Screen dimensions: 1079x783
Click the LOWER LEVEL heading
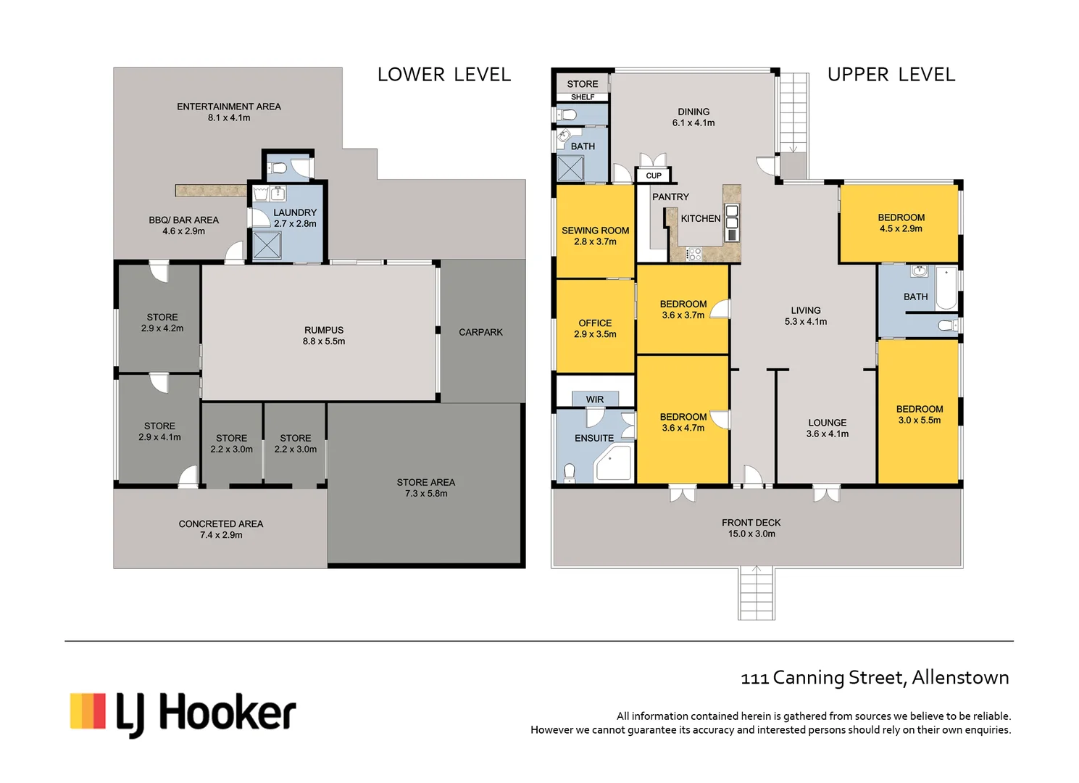pyautogui.click(x=443, y=75)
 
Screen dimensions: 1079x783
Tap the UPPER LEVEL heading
pyautogui.click(x=891, y=75)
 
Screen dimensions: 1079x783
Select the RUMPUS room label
pyautogui.click(x=324, y=330)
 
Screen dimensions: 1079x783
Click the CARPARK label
pyautogui.click(x=480, y=332)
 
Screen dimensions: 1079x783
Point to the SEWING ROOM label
pyautogui.click(x=596, y=231)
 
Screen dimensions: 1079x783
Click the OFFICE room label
pyautogui.click(x=595, y=323)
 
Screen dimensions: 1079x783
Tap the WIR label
pyautogui.click(x=595, y=399)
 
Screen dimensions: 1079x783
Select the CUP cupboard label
pyautogui.click(x=654, y=176)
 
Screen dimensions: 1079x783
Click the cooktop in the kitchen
pyautogui.click(x=693, y=254)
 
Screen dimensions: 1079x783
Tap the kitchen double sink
pyautogui.click(x=732, y=216)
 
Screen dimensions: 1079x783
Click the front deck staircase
pyautogui.click(x=757, y=593)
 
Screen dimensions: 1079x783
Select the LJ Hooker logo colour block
pyautogui.click(x=88, y=710)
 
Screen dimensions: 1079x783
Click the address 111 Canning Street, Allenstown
pyautogui.click(x=875, y=678)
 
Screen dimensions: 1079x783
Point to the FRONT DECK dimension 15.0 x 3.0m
pyautogui.click(x=751, y=534)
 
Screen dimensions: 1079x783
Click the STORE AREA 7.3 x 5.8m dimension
pyautogui.click(x=426, y=494)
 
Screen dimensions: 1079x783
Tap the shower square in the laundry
pyautogui.click(x=267, y=245)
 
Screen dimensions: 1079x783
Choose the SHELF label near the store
pyautogui.click(x=583, y=97)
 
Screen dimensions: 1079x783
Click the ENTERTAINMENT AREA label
pyautogui.click(x=229, y=107)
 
